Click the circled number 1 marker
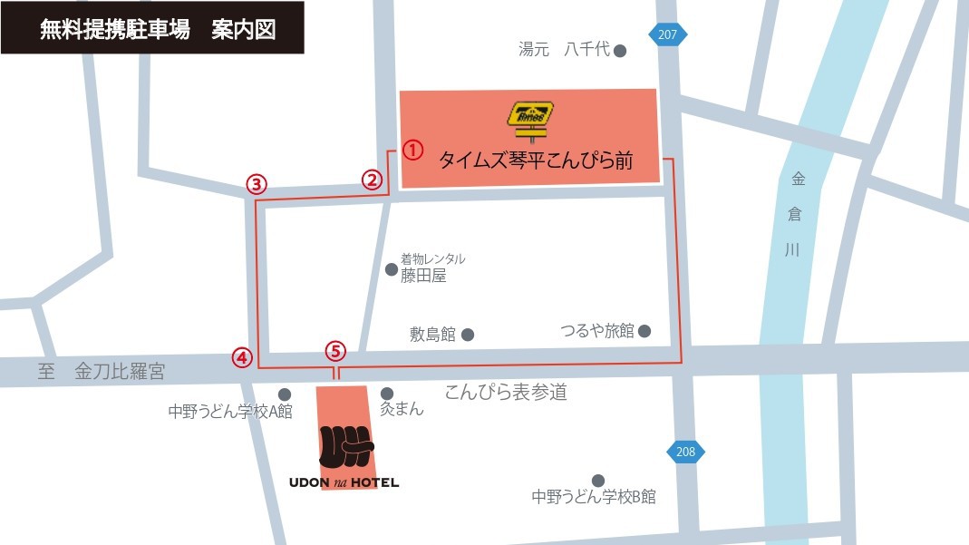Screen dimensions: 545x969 pos(412,150)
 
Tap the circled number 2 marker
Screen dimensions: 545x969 pos(371,180)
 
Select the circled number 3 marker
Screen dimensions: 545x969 pos(257,185)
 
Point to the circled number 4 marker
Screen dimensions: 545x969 pos(241,357)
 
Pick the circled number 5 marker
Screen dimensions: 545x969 pos(335,350)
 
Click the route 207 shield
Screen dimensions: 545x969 pos(668,34)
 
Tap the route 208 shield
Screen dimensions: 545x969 pos(685,452)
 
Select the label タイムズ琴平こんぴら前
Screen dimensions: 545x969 pos(535,161)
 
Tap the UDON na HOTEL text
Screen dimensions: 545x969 pos(344,482)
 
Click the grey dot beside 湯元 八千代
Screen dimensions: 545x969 pos(620,51)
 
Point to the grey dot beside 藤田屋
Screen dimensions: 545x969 pos(392,269)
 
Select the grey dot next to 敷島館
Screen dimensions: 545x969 pos(468,335)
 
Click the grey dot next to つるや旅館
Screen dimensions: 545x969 pos(644,331)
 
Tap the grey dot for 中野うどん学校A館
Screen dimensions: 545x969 pos(285,394)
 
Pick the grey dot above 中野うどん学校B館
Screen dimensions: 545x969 pos(597,481)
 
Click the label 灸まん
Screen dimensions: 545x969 pos(402,409)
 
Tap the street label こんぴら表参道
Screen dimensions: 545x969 pos(506,392)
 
